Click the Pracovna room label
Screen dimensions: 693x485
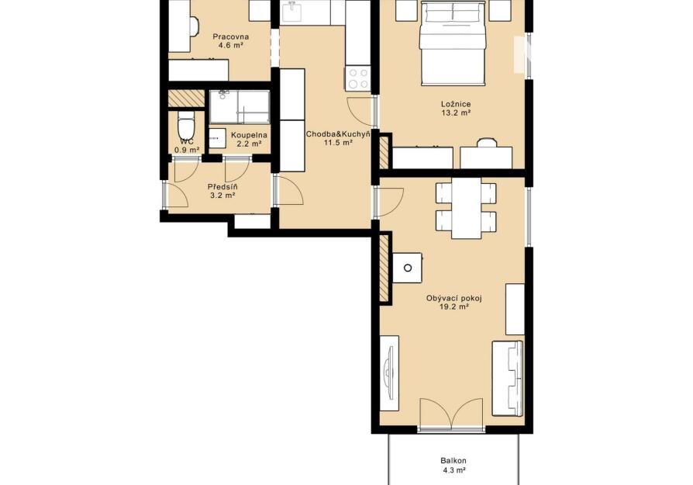231,36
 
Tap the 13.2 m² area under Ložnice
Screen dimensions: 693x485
456,113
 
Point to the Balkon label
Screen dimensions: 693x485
453,461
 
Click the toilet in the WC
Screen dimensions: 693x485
185,125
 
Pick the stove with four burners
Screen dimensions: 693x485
358,78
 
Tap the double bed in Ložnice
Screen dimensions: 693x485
453,43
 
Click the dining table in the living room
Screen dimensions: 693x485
467,208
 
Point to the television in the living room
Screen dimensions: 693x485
389,373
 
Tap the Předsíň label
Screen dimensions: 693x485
222,187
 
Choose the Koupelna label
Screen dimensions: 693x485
250,135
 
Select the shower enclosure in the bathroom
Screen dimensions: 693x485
240,107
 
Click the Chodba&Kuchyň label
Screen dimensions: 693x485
338,133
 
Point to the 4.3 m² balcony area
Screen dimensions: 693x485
454,470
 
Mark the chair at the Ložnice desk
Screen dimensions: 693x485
486,143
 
